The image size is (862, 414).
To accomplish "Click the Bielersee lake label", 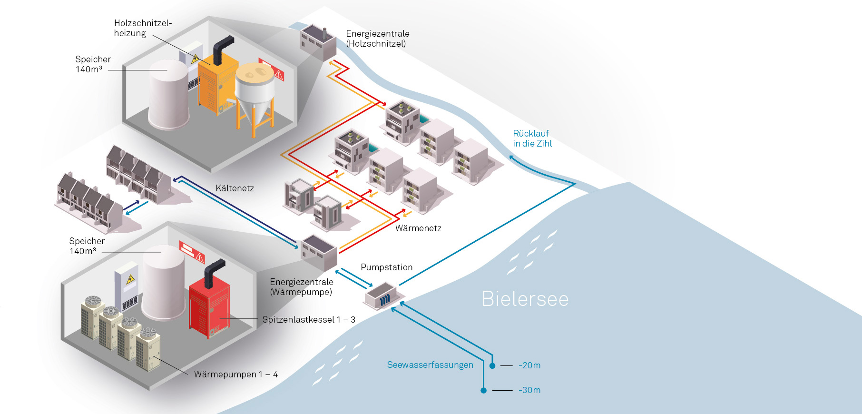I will [x=525, y=299].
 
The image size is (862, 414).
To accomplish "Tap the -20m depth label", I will [x=529, y=365].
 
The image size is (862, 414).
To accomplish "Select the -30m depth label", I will [x=529, y=390].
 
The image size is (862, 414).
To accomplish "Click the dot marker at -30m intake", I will [x=483, y=391].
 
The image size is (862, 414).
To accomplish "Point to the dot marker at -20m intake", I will [x=492, y=366].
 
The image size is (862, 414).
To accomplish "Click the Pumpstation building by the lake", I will [x=380, y=296].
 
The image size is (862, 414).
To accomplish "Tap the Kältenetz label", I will [x=235, y=188].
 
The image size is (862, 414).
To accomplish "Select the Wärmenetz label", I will [x=418, y=228].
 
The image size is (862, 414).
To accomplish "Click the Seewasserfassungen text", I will [x=430, y=365].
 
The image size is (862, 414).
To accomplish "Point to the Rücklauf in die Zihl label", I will [x=532, y=138].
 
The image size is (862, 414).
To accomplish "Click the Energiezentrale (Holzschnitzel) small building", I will [x=317, y=42].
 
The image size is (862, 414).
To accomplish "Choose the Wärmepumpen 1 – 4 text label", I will [x=235, y=375].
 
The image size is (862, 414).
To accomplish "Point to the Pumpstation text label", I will [x=386, y=267].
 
